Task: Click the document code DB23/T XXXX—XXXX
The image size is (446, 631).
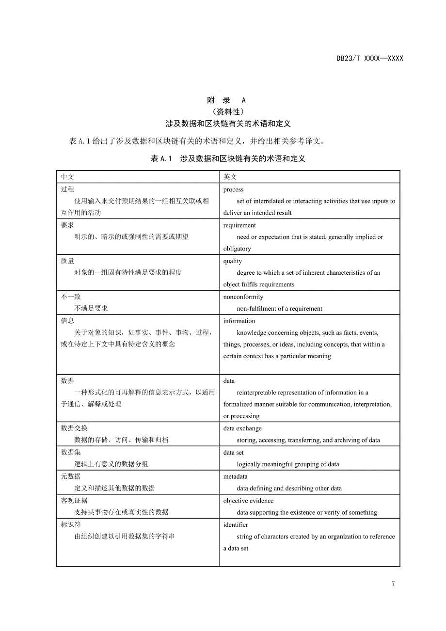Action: tap(369, 59)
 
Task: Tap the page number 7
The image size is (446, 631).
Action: tap(393, 584)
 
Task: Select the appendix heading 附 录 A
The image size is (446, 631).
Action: tap(226, 100)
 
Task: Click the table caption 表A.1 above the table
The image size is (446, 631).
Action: tap(228, 158)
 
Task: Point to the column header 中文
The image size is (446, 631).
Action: tap(67, 177)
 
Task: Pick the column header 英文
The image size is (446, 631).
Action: tap(230, 177)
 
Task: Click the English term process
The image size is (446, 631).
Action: tap(233, 189)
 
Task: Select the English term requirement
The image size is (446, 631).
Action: tap(239, 225)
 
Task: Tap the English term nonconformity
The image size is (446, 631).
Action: tap(243, 297)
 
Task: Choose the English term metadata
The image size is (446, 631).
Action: tap(235, 477)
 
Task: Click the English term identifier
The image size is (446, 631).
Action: tap(236, 525)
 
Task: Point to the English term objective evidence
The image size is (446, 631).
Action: tap(248, 501)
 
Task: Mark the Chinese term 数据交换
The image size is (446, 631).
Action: tap(74, 428)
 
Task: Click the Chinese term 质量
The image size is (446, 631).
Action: tap(67, 261)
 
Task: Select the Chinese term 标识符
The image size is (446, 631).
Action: tap(71, 525)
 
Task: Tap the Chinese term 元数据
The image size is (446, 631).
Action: tap(71, 477)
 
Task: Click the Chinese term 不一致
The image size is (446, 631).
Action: tap(71, 297)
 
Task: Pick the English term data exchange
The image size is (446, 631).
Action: tap(242, 428)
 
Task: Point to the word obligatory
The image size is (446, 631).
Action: tap(237, 249)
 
